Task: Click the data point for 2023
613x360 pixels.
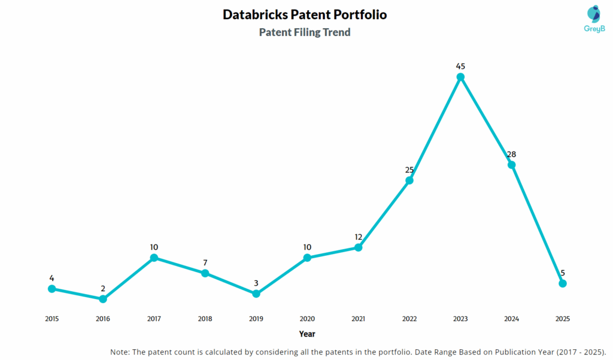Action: (460, 77)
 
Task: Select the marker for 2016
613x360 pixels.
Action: (103, 298)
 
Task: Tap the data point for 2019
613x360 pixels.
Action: (256, 294)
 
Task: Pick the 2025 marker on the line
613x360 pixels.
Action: (563, 283)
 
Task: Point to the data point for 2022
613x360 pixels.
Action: (409, 180)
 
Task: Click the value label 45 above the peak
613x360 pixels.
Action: (460, 66)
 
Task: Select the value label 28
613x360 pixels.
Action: (511, 154)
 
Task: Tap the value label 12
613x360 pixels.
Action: (358, 237)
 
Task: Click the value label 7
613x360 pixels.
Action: (205, 262)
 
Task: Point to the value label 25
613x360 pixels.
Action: (409, 170)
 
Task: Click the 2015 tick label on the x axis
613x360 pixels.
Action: (52, 319)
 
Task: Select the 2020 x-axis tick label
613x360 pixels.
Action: (307, 319)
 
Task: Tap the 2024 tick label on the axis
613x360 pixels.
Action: (511, 319)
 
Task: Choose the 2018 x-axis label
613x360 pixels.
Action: (205, 319)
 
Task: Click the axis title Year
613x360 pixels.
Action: (307, 334)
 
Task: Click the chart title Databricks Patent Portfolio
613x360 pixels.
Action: (305, 14)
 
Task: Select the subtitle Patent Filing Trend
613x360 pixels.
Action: (305, 32)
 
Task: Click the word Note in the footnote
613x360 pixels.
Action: (122, 351)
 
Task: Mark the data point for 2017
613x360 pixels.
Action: (154, 258)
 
